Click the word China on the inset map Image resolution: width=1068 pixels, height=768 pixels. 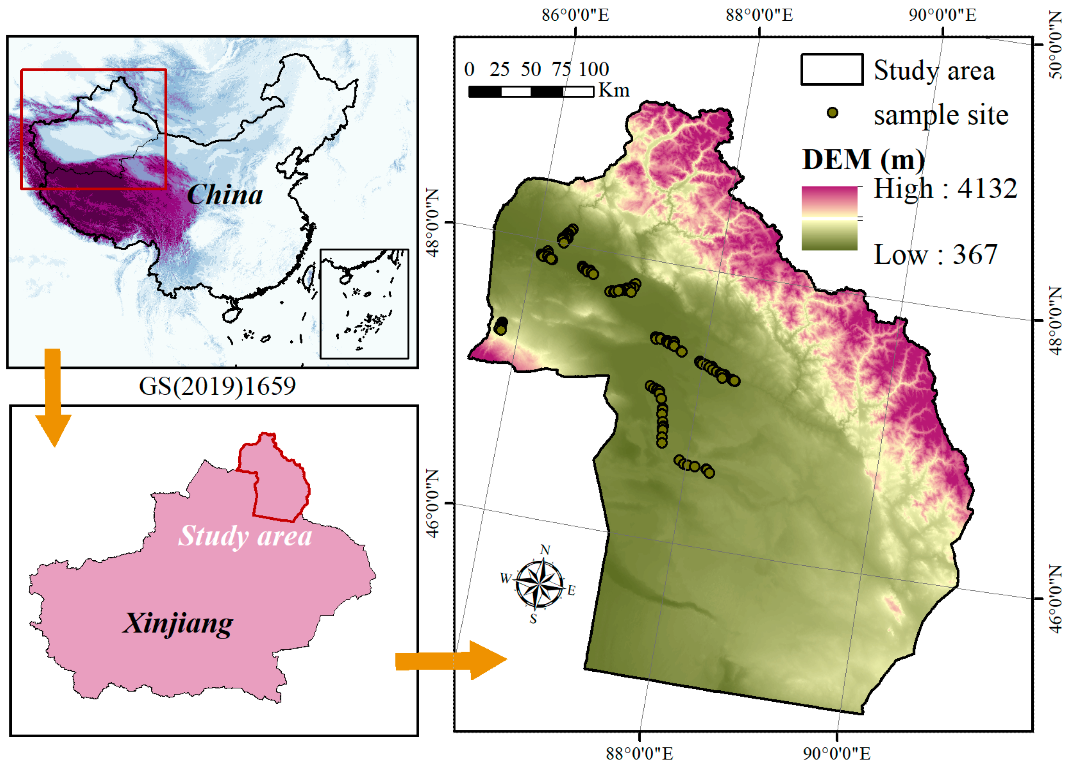225,195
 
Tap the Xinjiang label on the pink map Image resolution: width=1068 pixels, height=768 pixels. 177,624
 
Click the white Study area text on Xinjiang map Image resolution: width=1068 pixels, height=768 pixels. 245,536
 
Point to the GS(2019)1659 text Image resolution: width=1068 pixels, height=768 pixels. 217,386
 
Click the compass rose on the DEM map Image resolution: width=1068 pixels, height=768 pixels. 539,584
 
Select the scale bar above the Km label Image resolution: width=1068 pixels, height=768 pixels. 531,91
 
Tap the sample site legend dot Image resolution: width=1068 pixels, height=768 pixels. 832,113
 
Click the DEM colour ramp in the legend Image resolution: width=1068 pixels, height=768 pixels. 829,218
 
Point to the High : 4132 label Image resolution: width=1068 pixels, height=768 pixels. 945,189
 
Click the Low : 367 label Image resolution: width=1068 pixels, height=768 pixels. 935,255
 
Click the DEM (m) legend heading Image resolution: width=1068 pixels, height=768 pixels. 863,160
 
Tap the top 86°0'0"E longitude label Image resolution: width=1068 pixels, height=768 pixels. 575,15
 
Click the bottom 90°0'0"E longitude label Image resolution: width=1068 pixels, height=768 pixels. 836,753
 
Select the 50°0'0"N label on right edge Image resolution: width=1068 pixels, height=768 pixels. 1056,45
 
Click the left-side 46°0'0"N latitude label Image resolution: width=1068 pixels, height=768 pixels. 432,504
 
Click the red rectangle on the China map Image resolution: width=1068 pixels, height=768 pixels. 94,70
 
